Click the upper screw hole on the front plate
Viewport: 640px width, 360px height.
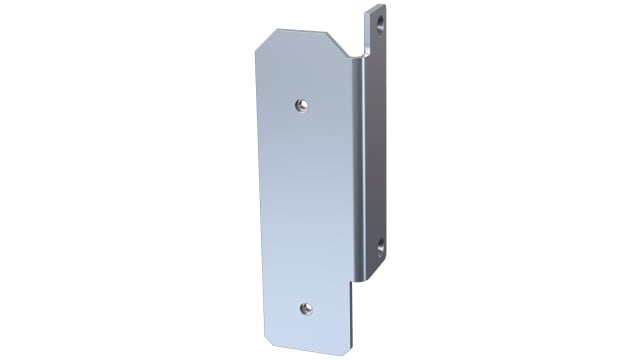click(x=300, y=103)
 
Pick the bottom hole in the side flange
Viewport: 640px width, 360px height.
click(x=380, y=243)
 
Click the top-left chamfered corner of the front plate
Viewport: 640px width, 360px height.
click(x=259, y=44)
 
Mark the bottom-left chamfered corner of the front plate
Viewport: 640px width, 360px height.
click(x=270, y=337)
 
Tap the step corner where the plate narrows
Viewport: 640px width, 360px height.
click(x=352, y=281)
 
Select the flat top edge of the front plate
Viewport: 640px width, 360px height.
click(x=300, y=31)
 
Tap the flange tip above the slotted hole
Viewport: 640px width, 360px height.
click(x=378, y=6)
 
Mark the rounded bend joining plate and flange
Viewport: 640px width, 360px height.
click(x=359, y=160)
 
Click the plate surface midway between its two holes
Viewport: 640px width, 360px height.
click(x=303, y=206)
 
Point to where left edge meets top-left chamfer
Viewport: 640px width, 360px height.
click(x=250, y=57)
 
